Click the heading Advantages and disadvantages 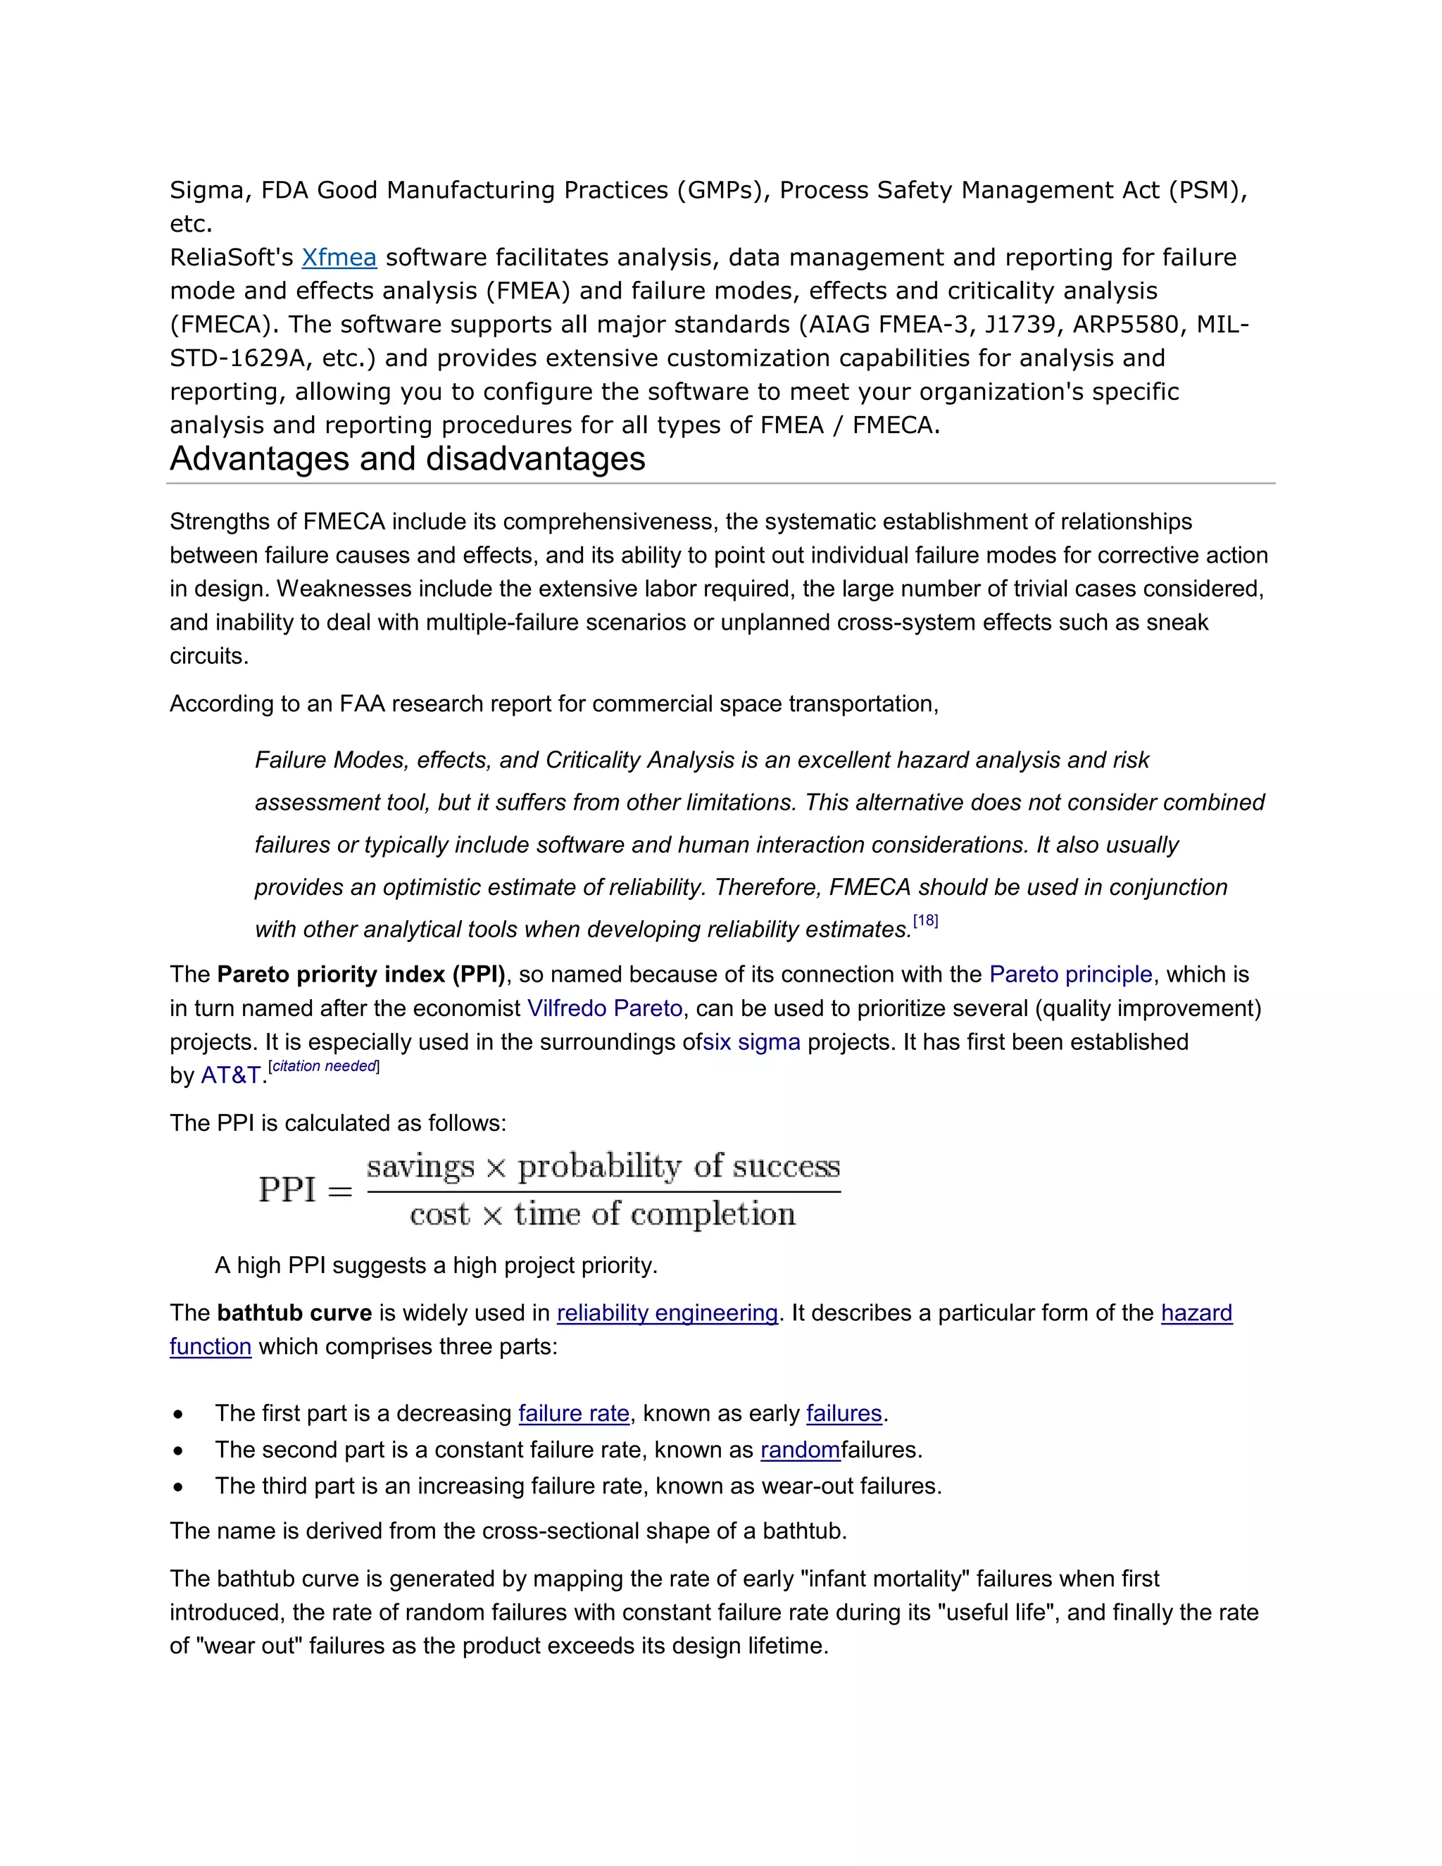[x=408, y=459]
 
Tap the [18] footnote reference [x=925, y=921]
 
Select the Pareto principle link [x=1070, y=974]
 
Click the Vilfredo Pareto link [x=605, y=1008]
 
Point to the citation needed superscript [x=324, y=1066]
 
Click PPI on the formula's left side [x=287, y=1189]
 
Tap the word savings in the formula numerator [x=420, y=1166]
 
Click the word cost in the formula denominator [x=439, y=1214]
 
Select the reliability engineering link [x=667, y=1313]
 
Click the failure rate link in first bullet [x=573, y=1413]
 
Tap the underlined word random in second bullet [x=800, y=1450]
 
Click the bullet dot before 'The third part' [x=177, y=1486]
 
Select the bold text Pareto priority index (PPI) [x=361, y=974]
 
